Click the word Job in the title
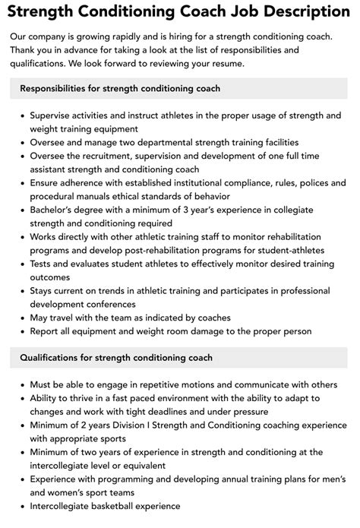231,12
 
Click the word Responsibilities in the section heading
64,89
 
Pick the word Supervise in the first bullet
55,115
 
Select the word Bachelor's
58,210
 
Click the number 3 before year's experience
197,210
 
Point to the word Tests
43,265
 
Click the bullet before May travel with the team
23,318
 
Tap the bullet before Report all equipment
23,331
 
